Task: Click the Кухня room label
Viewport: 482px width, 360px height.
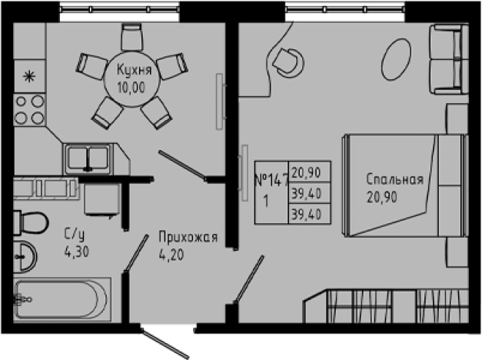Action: click(132, 71)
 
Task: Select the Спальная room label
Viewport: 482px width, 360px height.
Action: click(394, 180)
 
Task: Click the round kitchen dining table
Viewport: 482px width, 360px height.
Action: click(132, 78)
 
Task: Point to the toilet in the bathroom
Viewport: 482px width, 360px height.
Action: click(32, 219)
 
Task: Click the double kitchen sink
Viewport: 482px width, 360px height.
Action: click(89, 158)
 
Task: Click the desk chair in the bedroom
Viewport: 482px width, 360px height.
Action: click(289, 58)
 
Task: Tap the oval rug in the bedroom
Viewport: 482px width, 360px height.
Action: click(397, 56)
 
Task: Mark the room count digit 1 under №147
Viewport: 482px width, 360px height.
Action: click(266, 203)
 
